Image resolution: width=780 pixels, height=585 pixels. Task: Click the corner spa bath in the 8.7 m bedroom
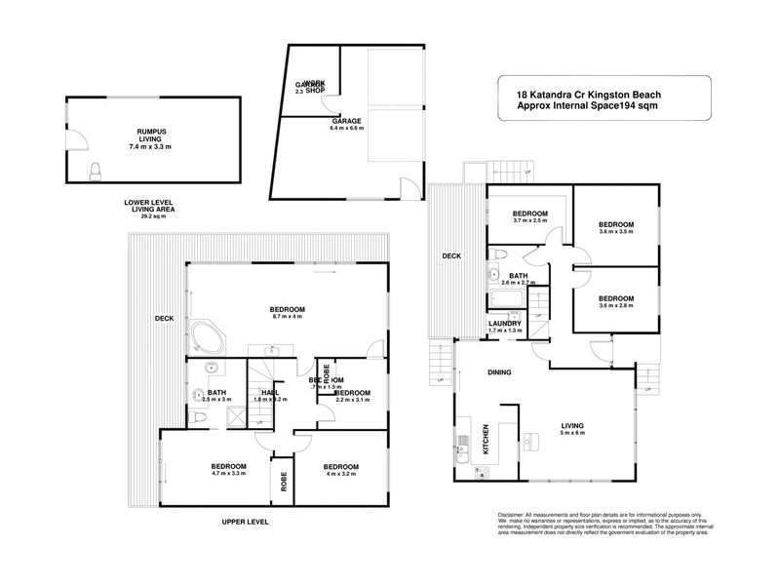tap(209, 337)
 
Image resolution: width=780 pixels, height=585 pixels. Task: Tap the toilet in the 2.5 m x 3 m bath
tap(198, 417)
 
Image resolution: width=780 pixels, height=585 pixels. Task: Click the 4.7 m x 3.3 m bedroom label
tap(223, 469)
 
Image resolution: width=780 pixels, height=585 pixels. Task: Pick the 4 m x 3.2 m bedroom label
tap(341, 469)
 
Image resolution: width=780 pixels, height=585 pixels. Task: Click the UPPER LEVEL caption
tap(244, 522)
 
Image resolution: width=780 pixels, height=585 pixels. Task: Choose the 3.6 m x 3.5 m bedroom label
tap(615, 226)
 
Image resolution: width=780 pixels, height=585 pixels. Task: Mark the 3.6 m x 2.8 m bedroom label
tap(615, 301)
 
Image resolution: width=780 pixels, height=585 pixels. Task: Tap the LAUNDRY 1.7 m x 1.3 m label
tap(506, 327)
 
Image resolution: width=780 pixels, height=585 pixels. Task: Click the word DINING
tap(500, 372)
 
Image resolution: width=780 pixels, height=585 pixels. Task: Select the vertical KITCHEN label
tap(486, 442)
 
